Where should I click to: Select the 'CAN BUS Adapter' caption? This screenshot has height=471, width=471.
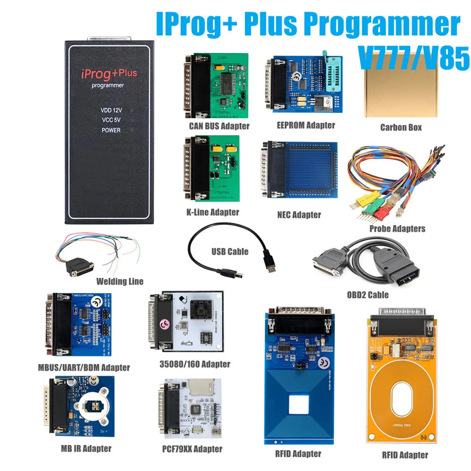[219, 126]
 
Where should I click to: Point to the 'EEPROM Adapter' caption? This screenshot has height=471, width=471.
[306, 125]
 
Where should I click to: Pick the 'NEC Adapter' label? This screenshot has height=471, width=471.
[299, 215]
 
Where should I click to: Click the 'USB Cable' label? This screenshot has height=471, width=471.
[230, 252]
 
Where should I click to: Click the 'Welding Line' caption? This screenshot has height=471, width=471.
[120, 281]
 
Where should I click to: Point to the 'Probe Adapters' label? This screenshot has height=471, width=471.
[397, 228]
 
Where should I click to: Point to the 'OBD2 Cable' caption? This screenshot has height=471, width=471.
[368, 295]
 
